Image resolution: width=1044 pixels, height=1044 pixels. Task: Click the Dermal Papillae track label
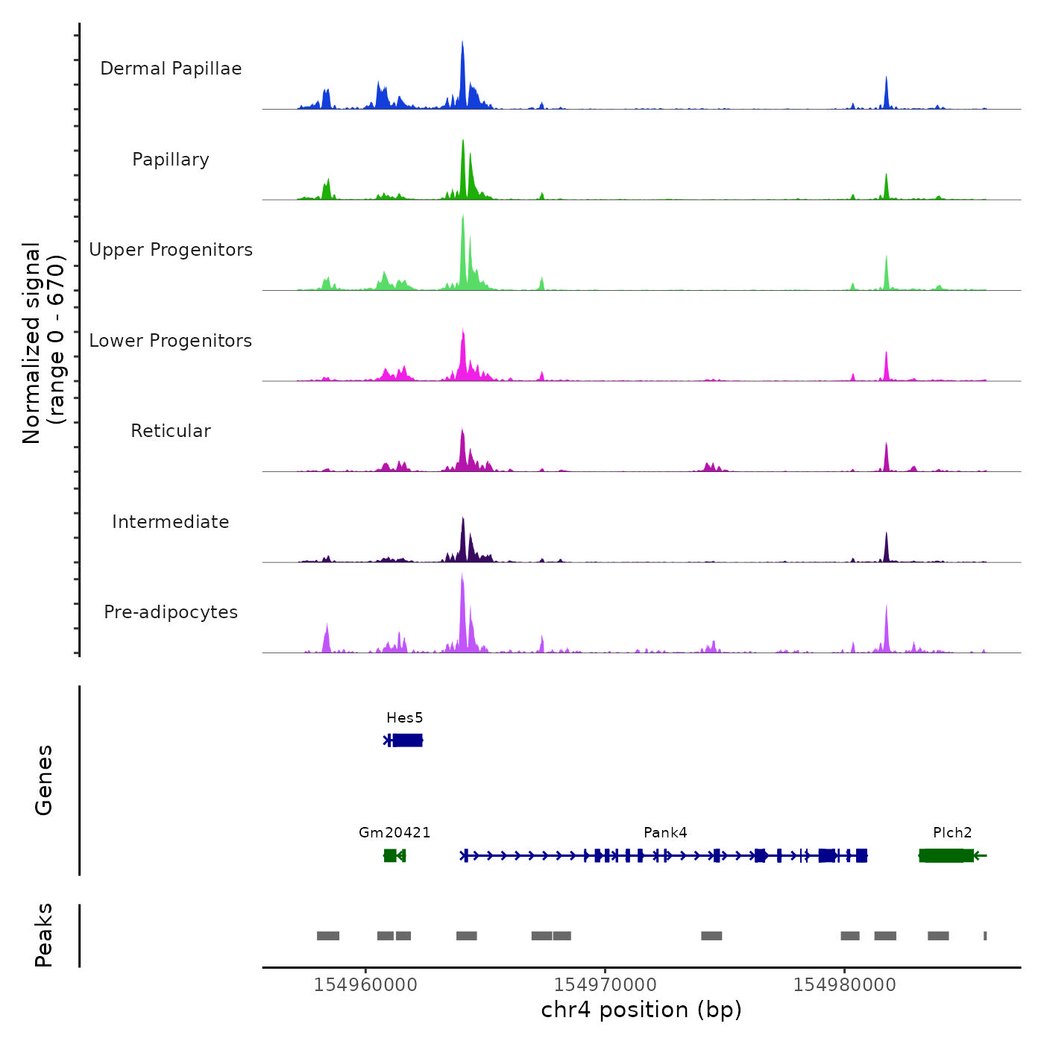click(171, 69)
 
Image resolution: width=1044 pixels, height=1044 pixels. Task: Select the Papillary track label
click(171, 160)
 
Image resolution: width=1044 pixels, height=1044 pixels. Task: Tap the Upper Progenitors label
click(171, 250)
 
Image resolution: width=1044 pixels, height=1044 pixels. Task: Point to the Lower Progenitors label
click(171, 341)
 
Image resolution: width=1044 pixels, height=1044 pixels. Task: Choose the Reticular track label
click(171, 431)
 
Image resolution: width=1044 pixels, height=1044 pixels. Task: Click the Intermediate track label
click(171, 522)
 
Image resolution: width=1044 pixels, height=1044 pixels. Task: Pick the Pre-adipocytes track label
click(171, 612)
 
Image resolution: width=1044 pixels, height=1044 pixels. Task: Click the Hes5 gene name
click(404, 718)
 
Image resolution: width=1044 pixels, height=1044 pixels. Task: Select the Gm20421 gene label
click(394, 833)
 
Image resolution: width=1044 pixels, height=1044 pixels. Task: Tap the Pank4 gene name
click(665, 833)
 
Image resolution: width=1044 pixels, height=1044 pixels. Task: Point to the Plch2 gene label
click(952, 833)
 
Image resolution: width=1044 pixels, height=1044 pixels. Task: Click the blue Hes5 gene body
click(407, 740)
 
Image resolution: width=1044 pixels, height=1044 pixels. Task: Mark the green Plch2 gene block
click(945, 856)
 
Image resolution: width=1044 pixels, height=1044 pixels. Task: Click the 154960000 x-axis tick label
click(365, 985)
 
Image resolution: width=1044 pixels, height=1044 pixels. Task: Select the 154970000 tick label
click(605, 985)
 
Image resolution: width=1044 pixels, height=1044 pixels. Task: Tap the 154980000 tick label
click(844, 985)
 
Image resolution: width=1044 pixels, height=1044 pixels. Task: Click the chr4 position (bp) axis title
click(641, 1010)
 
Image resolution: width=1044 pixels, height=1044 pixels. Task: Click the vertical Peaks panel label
click(44, 935)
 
